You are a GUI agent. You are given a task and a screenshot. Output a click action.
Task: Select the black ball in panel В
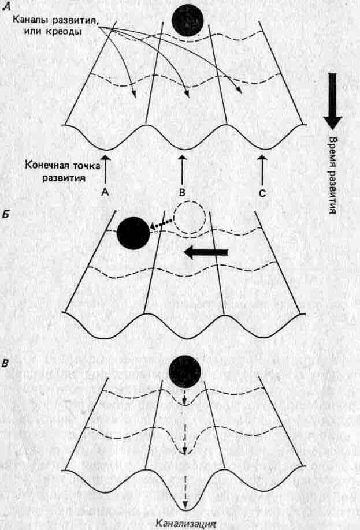pyautogui.click(x=185, y=372)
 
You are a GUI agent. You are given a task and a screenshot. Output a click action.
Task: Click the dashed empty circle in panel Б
pyautogui.click(x=190, y=219)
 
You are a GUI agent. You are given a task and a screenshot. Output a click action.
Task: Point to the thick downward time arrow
pyautogui.click(x=332, y=102)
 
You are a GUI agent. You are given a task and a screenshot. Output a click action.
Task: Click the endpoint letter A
pyautogui.click(x=105, y=191)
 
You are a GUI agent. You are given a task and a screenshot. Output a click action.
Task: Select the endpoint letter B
pyautogui.click(x=183, y=191)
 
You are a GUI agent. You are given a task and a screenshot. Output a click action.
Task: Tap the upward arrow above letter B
pyautogui.click(x=183, y=167)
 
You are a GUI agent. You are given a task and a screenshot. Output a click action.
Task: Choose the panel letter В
pyautogui.click(x=6, y=365)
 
